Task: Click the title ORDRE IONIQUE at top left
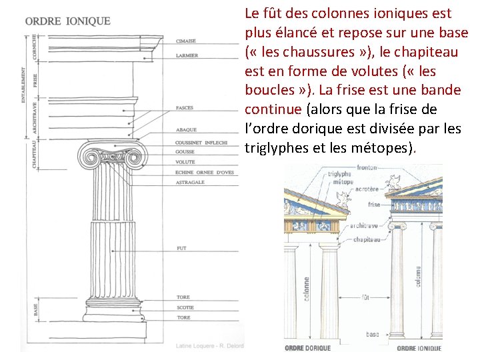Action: tap(68, 21)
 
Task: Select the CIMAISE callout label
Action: tap(186, 41)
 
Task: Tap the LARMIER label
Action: tap(187, 55)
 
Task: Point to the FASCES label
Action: tap(185, 107)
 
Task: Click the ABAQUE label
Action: tap(185, 129)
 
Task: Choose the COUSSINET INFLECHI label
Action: tap(201, 142)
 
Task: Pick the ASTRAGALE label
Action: tap(190, 181)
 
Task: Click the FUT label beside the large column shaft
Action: tap(181, 248)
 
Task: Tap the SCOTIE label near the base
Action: tap(185, 307)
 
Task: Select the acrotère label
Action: tap(367, 189)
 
